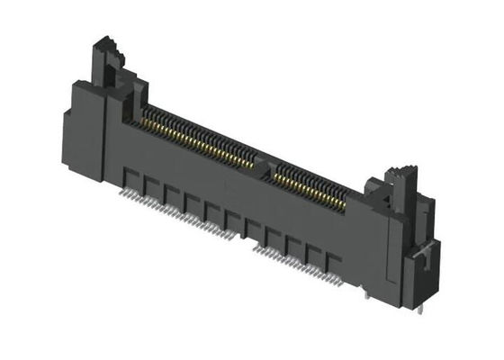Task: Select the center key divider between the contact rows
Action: coord(264,163)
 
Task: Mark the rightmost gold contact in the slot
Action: coord(343,204)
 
